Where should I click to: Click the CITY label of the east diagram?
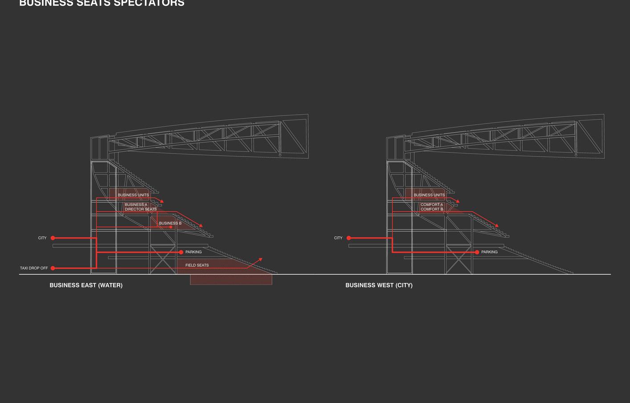[42, 238]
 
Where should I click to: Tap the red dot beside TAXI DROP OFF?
[53, 268]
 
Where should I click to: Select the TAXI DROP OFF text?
[34, 268]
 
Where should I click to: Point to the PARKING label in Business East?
[193, 252]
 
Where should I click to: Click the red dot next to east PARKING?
[181, 252]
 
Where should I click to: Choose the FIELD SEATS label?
[197, 265]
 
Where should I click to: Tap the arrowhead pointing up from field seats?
[260, 259]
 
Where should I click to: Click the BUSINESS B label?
[170, 223]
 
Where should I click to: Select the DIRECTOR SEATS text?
[141, 209]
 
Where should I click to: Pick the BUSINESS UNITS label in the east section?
[133, 195]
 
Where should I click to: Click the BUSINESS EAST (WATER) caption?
[86, 285]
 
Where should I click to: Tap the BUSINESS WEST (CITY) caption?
[379, 285]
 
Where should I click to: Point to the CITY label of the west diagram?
[338, 238]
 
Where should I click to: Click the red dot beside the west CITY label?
[349, 238]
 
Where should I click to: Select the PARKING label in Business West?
[489, 252]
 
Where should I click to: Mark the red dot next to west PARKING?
[477, 252]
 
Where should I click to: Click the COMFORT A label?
[432, 205]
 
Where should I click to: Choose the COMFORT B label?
[432, 209]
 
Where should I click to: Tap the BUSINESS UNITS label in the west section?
[429, 195]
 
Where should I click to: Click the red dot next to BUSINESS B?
[171, 227]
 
